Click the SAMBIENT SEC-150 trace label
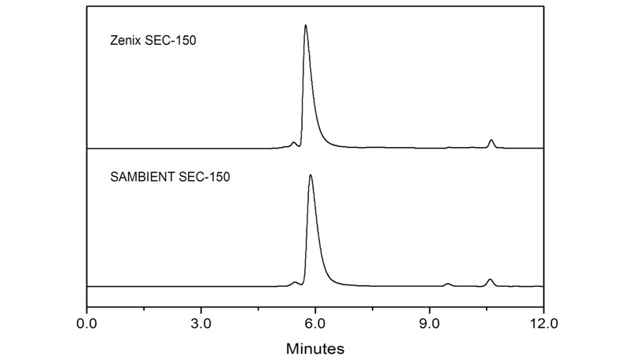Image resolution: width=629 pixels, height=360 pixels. click(x=170, y=177)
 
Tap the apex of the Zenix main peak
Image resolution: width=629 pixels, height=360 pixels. click(x=305, y=26)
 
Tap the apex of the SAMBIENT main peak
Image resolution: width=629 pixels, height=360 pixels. click(x=311, y=175)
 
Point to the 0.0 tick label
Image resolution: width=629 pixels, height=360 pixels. click(x=86, y=322)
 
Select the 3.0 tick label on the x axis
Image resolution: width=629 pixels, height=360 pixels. click(x=201, y=322)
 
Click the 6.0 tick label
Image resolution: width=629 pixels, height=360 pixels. click(x=315, y=322)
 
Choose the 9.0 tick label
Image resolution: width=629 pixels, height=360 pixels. click(x=429, y=322)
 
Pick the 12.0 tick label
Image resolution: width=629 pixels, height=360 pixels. click(x=543, y=322)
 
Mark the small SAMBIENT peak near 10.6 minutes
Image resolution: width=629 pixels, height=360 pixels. click(x=490, y=280)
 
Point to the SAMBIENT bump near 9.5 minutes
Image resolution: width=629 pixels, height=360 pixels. click(x=447, y=284)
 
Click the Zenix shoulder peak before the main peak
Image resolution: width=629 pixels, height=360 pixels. click(x=293, y=143)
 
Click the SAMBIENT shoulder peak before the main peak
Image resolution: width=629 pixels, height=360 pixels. click(x=295, y=282)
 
